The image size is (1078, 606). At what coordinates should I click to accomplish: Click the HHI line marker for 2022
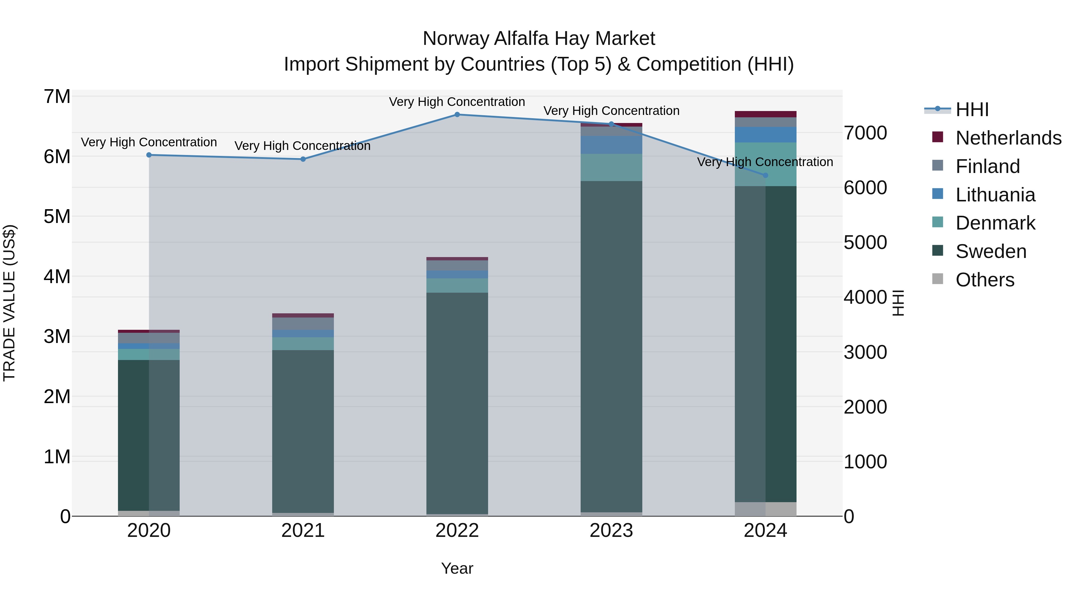pyautogui.click(x=457, y=115)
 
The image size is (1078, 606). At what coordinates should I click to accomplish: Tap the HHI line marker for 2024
pyautogui.click(x=765, y=175)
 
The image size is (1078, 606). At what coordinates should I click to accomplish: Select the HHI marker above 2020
pyautogui.click(x=149, y=155)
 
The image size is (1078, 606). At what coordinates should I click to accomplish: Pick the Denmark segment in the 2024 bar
pyautogui.click(x=765, y=164)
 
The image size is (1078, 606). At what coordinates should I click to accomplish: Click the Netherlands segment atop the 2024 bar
pyautogui.click(x=765, y=114)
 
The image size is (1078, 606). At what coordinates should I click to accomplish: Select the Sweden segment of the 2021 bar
pyautogui.click(x=303, y=431)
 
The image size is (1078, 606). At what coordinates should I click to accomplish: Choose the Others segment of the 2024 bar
pyautogui.click(x=765, y=509)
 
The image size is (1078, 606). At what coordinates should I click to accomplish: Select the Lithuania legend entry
pyautogui.click(x=995, y=195)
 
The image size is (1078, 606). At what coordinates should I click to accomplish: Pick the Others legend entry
pyautogui.click(x=985, y=280)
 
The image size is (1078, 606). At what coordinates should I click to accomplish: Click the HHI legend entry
pyautogui.click(x=972, y=110)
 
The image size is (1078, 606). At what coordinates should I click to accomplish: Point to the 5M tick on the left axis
pyautogui.click(x=57, y=217)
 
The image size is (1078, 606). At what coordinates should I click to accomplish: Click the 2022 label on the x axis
pyautogui.click(x=457, y=531)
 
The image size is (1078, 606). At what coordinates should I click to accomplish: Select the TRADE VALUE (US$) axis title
pyautogui.click(x=9, y=303)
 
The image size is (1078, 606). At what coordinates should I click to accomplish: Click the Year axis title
pyautogui.click(x=457, y=568)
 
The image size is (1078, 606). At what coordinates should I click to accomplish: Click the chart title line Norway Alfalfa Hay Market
pyautogui.click(x=539, y=39)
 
